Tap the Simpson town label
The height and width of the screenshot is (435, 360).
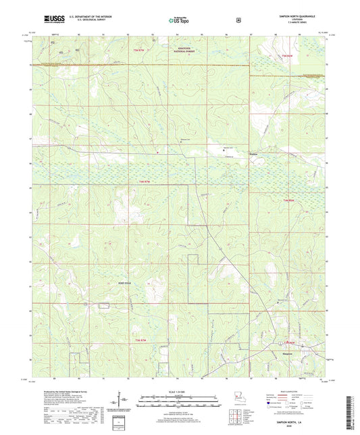287,353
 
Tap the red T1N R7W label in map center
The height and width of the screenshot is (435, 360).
156,181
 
